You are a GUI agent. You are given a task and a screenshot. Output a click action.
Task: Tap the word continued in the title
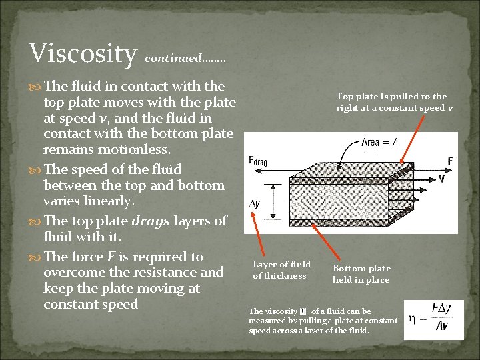173,58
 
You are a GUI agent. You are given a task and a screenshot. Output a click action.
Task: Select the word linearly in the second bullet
106,201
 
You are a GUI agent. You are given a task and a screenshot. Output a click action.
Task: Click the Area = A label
379,142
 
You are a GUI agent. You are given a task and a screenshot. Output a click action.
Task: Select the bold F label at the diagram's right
451,160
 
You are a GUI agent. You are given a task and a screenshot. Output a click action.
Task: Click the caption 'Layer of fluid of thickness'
281,270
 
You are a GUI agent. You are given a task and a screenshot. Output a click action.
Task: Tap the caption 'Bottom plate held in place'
361,273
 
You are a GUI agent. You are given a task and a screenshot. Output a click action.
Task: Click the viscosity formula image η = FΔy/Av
433,319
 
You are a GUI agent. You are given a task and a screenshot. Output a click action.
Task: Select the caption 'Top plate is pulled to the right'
391,102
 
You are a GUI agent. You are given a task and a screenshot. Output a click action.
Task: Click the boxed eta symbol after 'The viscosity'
303,311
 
